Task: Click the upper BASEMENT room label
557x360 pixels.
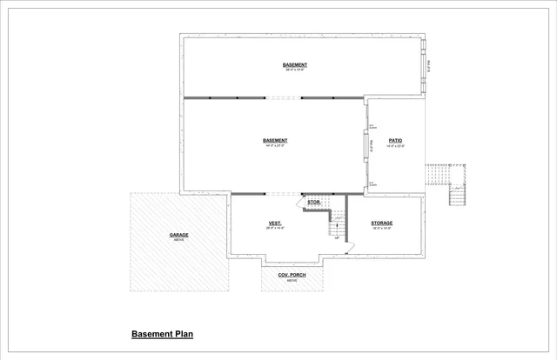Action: tap(294, 65)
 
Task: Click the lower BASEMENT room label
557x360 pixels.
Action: tap(275, 140)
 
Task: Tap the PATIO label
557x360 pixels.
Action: tap(395, 140)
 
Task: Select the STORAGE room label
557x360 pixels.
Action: tap(382, 223)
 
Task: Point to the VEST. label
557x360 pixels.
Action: tap(274, 223)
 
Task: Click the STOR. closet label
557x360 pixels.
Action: tap(314, 203)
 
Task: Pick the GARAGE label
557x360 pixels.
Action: tap(178, 235)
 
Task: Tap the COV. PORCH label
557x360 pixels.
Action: tap(292, 275)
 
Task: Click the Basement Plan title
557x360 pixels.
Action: tap(161, 334)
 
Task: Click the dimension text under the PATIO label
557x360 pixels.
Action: tap(395, 146)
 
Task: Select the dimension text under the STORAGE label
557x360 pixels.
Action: tap(382, 229)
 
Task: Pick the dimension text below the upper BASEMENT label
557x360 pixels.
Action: tap(294, 71)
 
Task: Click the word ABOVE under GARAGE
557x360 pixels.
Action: tap(178, 240)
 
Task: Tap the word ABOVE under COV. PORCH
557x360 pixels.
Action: tap(292, 281)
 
